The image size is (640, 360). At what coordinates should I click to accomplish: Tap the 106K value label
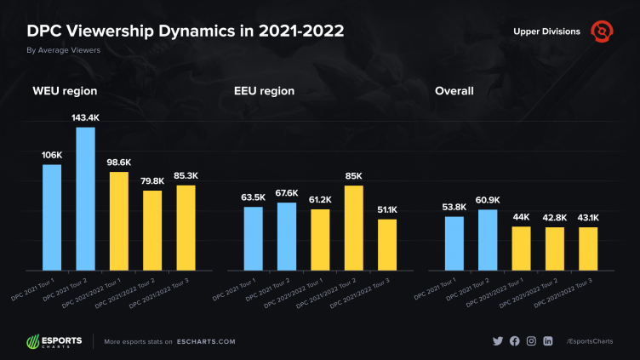coord(52,155)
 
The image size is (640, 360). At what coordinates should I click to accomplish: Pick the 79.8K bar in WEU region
coord(152,229)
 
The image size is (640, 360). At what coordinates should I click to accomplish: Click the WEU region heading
coord(64,91)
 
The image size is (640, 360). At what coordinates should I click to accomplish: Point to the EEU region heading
coord(264,91)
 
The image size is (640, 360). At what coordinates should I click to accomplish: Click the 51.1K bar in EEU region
coord(387,243)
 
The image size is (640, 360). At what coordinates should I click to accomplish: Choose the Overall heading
coord(454,91)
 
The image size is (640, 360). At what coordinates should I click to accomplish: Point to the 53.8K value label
coord(454,207)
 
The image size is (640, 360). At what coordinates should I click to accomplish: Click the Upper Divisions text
coord(546,31)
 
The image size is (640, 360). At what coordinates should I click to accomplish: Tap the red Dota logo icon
coord(602,31)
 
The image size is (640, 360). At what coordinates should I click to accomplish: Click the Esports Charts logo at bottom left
coord(54,341)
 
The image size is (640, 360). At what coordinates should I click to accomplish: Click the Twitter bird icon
coord(498,341)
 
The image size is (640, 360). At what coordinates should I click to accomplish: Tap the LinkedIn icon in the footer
coord(548,341)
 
